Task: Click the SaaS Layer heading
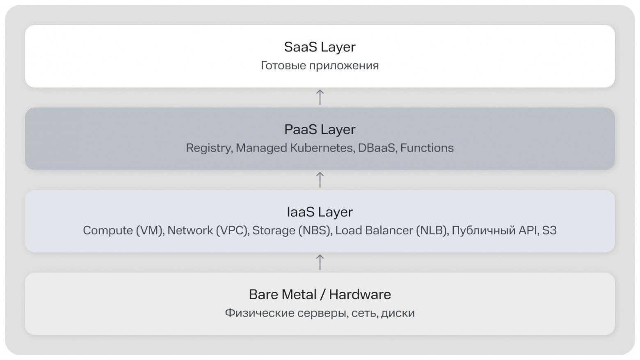pos(320,47)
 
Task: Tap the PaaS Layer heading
pos(320,130)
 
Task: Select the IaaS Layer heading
pos(320,212)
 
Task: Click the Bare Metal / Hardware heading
pos(320,294)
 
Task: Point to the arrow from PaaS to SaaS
pos(320,97)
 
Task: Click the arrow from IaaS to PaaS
pos(320,179)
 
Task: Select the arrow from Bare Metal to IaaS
pos(320,262)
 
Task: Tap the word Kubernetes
pos(322,148)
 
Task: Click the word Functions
pos(427,148)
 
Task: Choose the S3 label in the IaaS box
pos(549,230)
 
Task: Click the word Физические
pos(260,313)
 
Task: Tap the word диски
pos(398,313)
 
